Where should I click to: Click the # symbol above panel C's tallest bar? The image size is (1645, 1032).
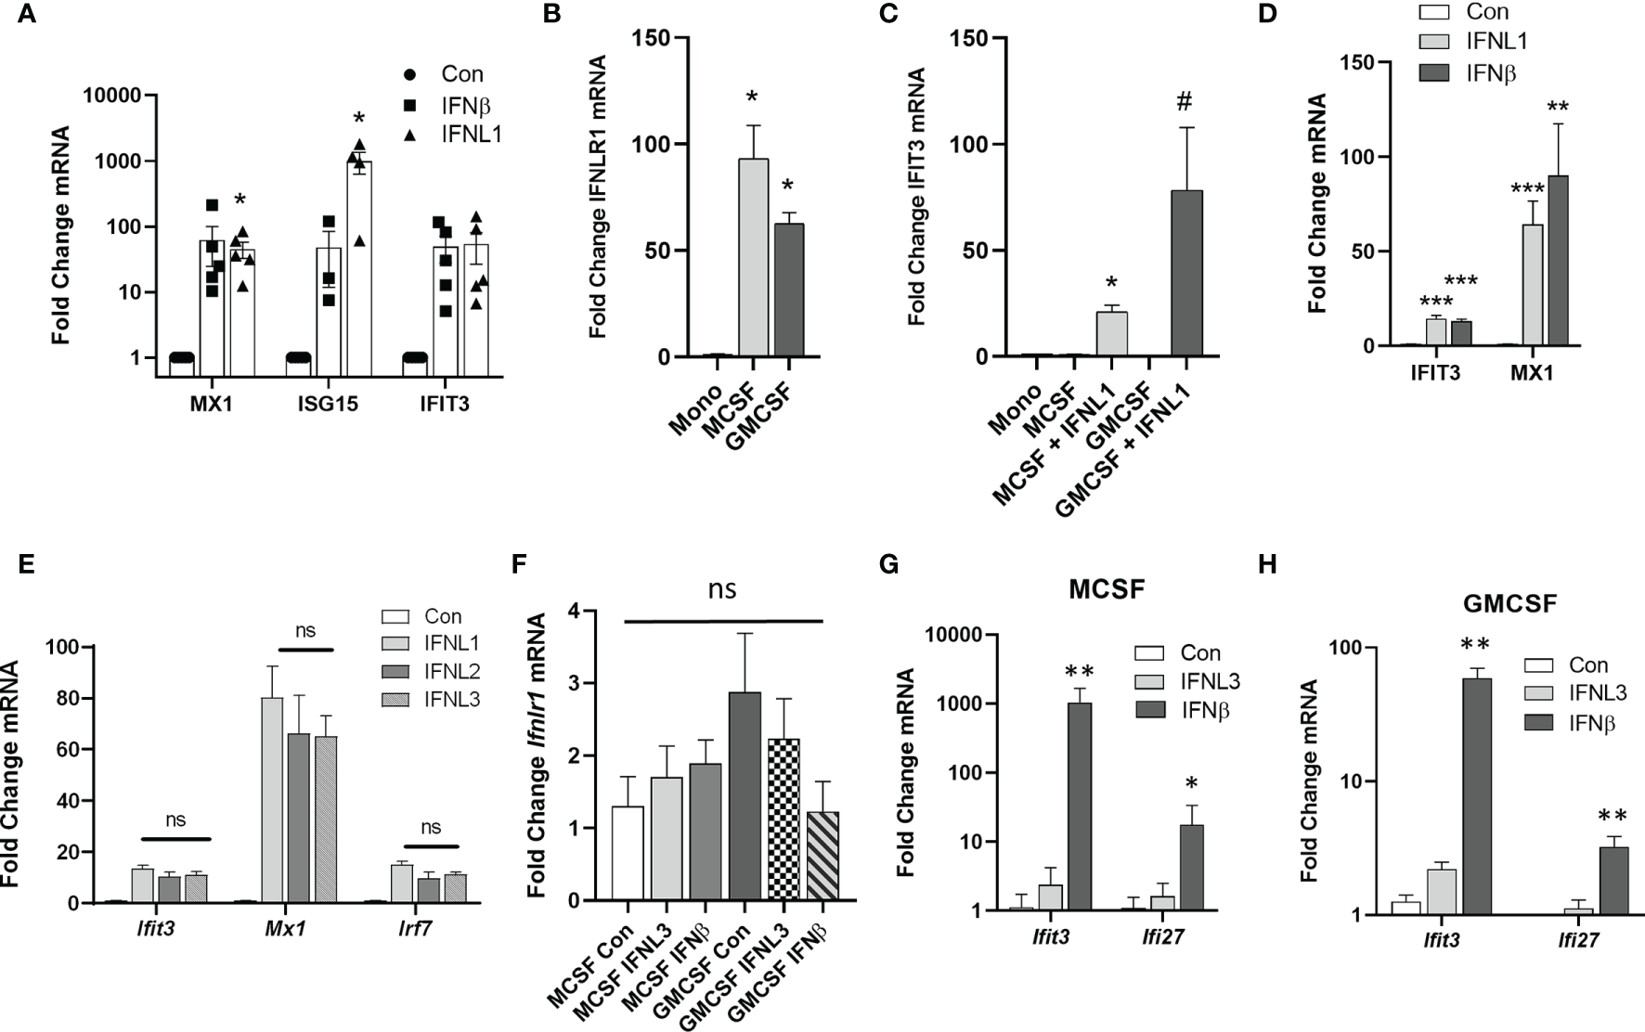(1184, 101)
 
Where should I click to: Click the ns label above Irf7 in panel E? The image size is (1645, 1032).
(430, 827)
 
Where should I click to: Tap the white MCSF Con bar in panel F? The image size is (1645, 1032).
(628, 853)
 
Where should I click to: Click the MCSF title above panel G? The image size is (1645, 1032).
(1107, 589)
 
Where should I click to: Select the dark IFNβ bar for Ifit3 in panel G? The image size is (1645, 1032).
(1081, 806)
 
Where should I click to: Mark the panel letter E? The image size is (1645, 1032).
(26, 563)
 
